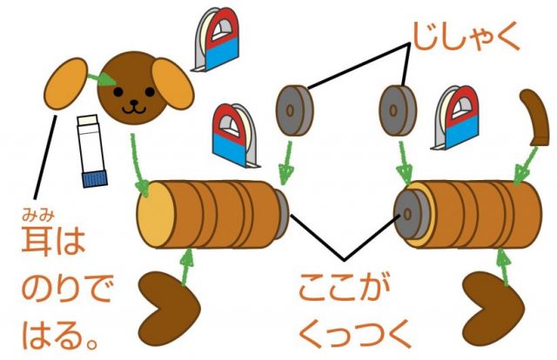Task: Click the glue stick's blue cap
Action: click(93, 177)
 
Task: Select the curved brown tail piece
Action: click(534, 117)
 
